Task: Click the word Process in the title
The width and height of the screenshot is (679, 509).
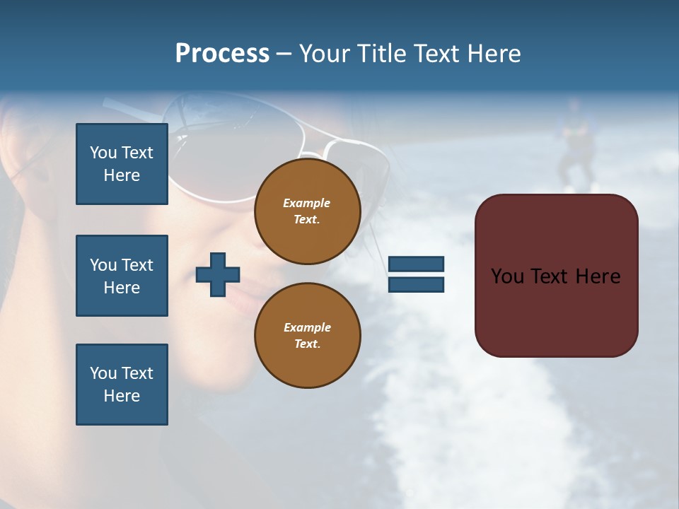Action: click(x=222, y=54)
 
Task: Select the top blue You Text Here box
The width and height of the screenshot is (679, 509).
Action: click(x=122, y=164)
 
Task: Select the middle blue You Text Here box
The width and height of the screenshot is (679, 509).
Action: click(x=122, y=276)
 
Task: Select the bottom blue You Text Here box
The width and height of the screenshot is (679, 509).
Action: click(x=122, y=385)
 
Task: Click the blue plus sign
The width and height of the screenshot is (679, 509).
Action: click(x=217, y=274)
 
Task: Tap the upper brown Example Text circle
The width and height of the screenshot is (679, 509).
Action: click(x=307, y=211)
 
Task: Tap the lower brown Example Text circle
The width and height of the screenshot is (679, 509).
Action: click(x=307, y=336)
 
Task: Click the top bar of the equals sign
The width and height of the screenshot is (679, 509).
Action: click(x=417, y=264)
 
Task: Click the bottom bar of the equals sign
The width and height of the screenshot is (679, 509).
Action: click(x=417, y=284)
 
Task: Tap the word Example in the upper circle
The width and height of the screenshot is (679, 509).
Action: click(x=306, y=203)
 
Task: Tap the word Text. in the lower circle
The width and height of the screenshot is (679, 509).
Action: click(x=307, y=344)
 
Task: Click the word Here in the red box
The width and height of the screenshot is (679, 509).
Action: click(x=598, y=276)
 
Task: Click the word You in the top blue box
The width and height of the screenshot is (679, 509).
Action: click(x=103, y=153)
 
